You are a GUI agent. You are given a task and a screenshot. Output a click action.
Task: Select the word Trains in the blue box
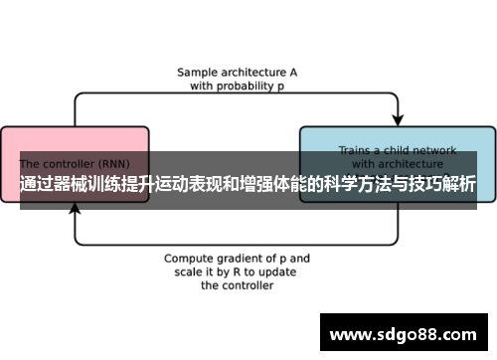point(355,150)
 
